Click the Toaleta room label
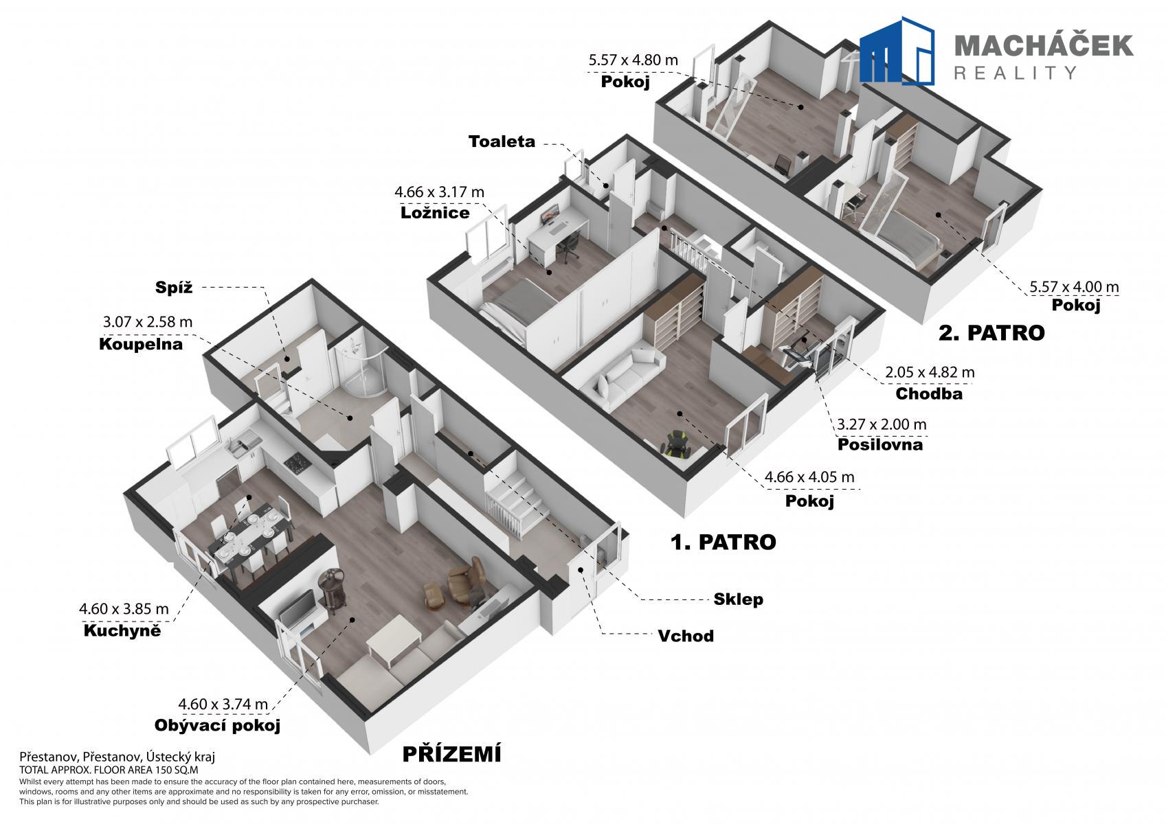(x=502, y=141)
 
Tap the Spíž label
(x=174, y=287)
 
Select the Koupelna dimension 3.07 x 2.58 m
(x=148, y=322)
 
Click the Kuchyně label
(x=122, y=630)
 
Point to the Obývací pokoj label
(x=217, y=725)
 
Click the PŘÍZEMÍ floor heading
(x=452, y=754)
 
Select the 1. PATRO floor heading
(x=723, y=542)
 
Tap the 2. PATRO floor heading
(x=991, y=333)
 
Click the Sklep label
(x=738, y=599)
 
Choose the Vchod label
(x=686, y=636)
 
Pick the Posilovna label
(x=879, y=444)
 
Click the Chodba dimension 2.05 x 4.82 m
(x=930, y=372)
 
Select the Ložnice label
(x=435, y=213)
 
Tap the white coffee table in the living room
(x=394, y=639)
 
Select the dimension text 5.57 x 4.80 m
(x=633, y=60)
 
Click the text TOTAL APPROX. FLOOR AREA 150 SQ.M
(x=109, y=770)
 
